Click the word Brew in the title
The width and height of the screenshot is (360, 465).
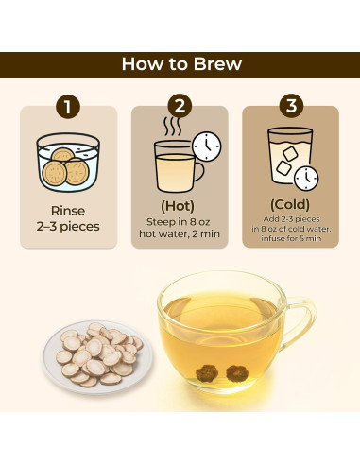[217, 64]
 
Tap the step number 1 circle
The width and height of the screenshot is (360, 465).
[68, 107]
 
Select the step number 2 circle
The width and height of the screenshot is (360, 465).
[180, 106]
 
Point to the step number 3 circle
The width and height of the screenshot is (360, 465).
[291, 106]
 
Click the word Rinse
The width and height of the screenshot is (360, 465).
[68, 211]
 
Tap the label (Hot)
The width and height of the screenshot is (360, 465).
[178, 206]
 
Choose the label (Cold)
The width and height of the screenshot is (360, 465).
[290, 204]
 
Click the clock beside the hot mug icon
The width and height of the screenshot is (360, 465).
[207, 146]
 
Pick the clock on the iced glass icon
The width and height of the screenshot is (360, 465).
[306, 179]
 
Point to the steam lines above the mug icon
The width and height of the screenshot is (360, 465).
[172, 127]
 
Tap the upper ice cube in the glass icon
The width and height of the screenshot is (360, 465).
[290, 154]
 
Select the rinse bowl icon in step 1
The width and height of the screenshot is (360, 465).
[68, 163]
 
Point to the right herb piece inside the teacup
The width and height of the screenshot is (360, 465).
[237, 373]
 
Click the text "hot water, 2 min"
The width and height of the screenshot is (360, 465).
[180, 233]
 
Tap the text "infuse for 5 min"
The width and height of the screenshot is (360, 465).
[291, 238]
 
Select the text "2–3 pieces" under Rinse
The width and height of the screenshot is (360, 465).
[68, 227]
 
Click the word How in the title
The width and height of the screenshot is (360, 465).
[144, 64]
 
